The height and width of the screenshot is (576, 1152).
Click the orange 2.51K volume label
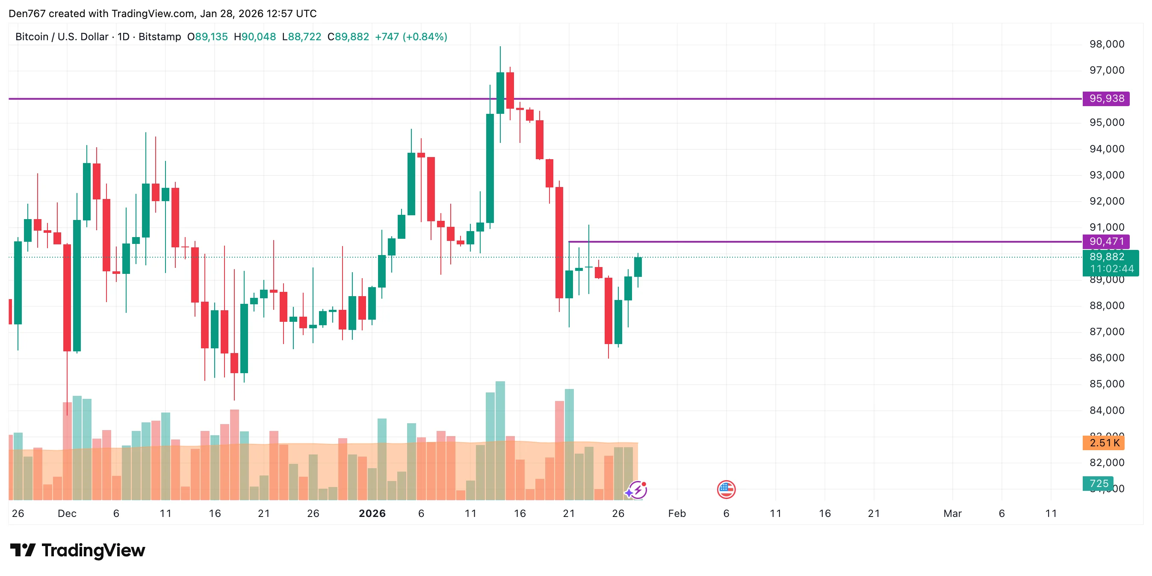pyautogui.click(x=1103, y=442)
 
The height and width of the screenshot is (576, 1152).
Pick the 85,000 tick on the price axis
pyautogui.click(x=1106, y=384)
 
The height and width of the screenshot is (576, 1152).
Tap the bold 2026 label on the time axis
pyautogui.click(x=372, y=514)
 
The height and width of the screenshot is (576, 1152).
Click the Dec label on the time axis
pyautogui.click(x=67, y=514)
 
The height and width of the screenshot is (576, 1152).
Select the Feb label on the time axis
pyautogui.click(x=676, y=514)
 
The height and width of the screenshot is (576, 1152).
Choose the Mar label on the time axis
pyautogui.click(x=952, y=514)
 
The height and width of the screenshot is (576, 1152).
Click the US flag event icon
pyautogui.click(x=726, y=490)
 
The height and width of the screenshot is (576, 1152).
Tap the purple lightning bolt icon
pyautogui.click(x=637, y=490)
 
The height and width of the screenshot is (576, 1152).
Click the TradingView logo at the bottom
pyautogui.click(x=78, y=550)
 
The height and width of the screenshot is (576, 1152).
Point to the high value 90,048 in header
pyautogui.click(x=258, y=37)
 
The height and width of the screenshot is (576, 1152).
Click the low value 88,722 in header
pyautogui.click(x=304, y=37)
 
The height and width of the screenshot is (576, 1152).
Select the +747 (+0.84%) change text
pyautogui.click(x=411, y=37)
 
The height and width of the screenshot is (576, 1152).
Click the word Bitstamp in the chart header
pyautogui.click(x=160, y=37)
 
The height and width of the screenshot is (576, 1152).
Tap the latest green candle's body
pyautogui.click(x=638, y=267)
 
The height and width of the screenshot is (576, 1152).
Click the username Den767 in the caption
pyautogui.click(x=27, y=13)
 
